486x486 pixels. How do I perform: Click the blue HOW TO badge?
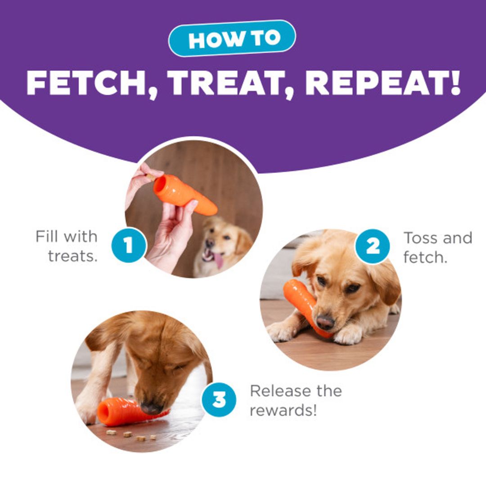point(232,38)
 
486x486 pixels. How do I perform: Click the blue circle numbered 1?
point(129,245)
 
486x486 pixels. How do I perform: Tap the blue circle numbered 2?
point(372,247)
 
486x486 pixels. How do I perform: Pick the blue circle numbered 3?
point(219,399)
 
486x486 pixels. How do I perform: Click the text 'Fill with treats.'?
point(67,247)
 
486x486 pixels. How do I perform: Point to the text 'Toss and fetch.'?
point(438,247)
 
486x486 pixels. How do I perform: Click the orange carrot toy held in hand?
point(185,195)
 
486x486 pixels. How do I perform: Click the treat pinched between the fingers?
point(151,178)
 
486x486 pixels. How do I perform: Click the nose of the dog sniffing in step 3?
point(152,409)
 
